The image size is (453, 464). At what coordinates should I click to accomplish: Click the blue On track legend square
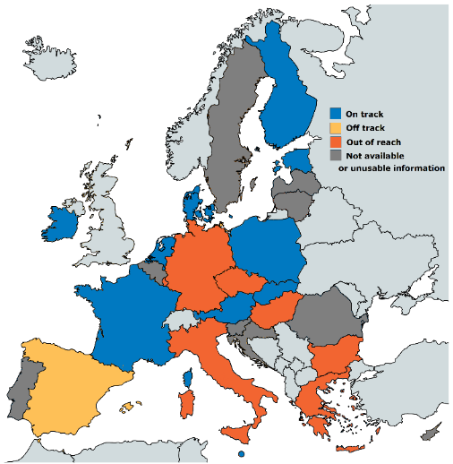point(336,114)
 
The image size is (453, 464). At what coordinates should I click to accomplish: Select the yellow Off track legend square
point(336,127)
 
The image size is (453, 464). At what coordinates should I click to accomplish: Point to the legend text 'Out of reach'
point(373,142)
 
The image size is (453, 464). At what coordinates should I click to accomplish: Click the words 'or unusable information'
point(392,168)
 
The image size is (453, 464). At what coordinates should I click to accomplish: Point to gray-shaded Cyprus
point(432,434)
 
